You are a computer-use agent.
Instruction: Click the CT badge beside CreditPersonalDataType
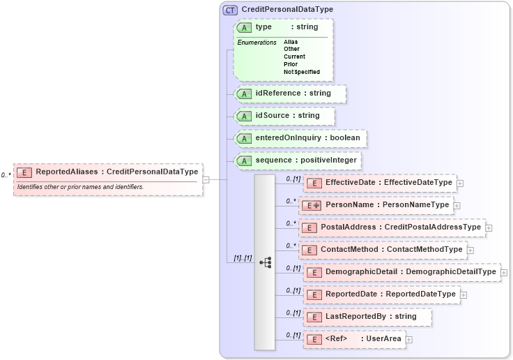click(230, 10)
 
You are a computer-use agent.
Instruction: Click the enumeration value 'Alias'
click(291, 42)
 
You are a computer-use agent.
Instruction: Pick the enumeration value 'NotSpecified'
click(302, 72)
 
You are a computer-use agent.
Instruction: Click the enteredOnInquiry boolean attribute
click(300, 138)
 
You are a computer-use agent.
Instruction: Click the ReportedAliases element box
click(108, 172)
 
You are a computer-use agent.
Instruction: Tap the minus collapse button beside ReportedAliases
click(206, 179)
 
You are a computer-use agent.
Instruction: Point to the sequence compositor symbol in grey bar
click(265, 262)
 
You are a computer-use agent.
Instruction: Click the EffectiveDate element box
click(380, 183)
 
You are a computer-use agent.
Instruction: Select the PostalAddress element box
click(392, 227)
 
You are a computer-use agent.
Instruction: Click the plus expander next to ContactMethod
click(471, 250)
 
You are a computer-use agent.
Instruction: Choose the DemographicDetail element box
click(401, 272)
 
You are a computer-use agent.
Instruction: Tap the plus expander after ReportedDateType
click(464, 294)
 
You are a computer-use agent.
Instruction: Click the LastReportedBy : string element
click(367, 317)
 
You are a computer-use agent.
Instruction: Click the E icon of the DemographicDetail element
click(314, 272)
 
